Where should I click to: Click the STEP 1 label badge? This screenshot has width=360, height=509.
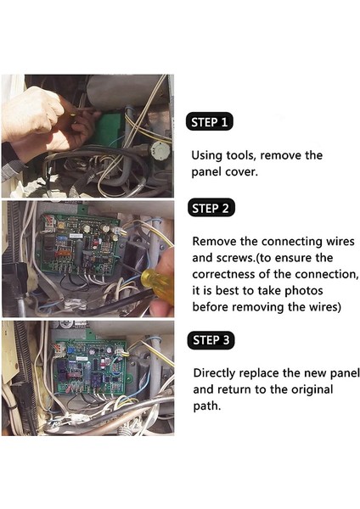(x=209, y=122)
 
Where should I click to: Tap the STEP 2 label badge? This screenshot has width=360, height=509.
(x=209, y=208)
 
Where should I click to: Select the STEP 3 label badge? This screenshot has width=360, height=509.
(x=209, y=340)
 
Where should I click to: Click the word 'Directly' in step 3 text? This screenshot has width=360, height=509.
(x=217, y=373)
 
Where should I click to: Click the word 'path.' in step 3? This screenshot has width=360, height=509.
(x=208, y=406)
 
